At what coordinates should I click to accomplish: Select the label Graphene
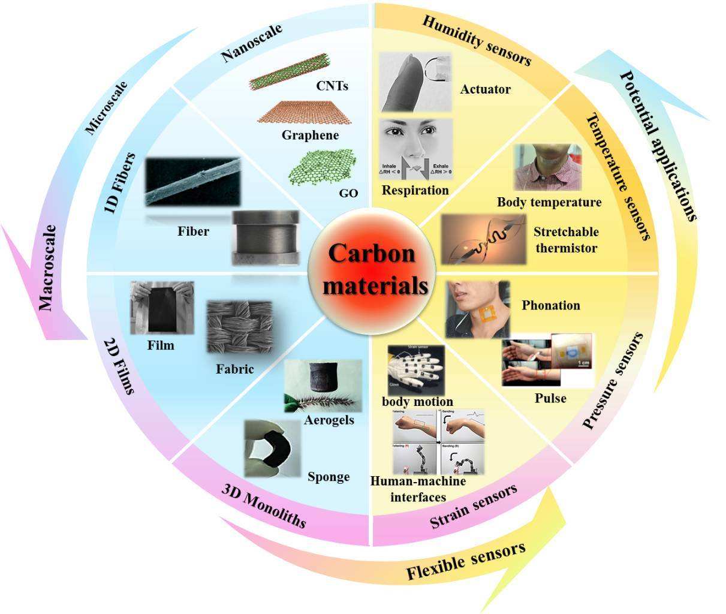[310, 136]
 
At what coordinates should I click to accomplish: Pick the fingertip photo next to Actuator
[415, 82]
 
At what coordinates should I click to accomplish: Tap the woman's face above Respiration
[416, 149]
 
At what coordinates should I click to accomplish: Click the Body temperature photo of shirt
[548, 167]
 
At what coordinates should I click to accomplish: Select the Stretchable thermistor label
[566, 240]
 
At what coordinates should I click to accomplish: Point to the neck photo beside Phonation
[478, 309]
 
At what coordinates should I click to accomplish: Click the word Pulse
[550, 398]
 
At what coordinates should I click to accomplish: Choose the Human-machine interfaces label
[418, 489]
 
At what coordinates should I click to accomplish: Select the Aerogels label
[329, 420]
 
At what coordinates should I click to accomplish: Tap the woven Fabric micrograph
[240, 327]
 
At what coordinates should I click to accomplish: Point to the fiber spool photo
[265, 237]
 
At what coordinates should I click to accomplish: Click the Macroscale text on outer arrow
[47, 268]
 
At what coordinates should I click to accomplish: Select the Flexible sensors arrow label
[466, 560]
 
